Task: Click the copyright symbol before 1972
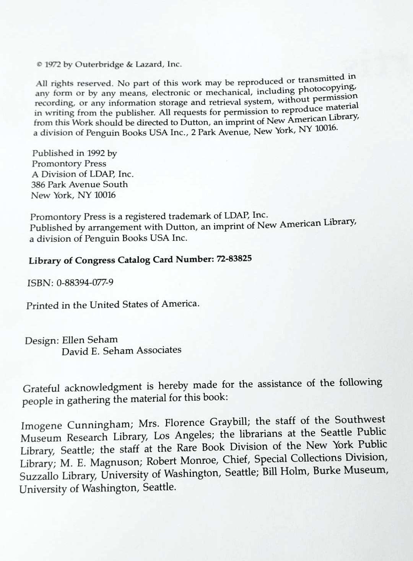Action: pos(39,65)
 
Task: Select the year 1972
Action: pos(53,65)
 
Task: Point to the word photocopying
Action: pos(328,88)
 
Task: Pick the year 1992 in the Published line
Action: pos(96,153)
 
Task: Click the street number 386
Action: pos(38,184)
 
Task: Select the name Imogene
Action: pos(42,425)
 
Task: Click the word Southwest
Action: pos(360,420)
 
